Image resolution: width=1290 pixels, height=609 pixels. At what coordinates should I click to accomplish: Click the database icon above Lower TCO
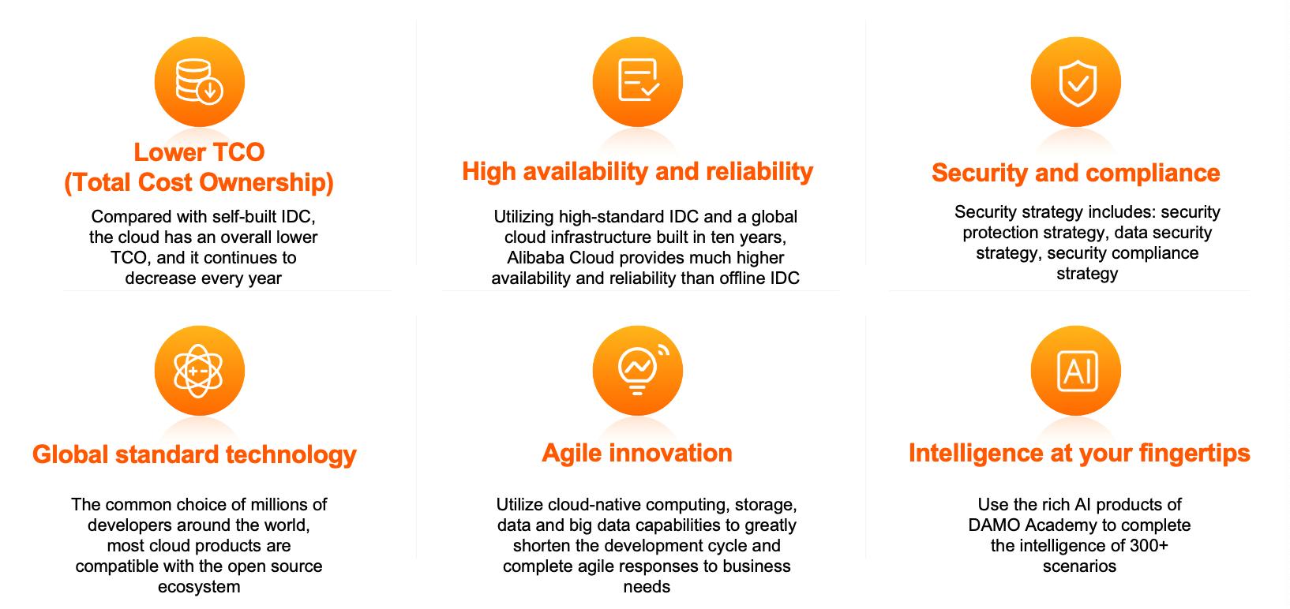pyautogui.click(x=199, y=82)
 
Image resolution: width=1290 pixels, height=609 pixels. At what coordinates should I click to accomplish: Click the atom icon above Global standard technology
pyautogui.click(x=199, y=371)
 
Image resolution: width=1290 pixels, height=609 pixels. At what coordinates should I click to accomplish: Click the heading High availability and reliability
pyautogui.click(x=638, y=171)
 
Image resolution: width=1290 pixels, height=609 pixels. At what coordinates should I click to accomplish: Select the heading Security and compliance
pyautogui.click(x=1076, y=174)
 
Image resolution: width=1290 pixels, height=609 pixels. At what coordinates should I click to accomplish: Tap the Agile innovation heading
pyautogui.click(x=637, y=453)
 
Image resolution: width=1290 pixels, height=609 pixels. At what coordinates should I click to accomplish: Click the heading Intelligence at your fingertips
pyautogui.click(x=1079, y=453)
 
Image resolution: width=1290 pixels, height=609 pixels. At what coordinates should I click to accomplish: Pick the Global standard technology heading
pyautogui.click(x=195, y=454)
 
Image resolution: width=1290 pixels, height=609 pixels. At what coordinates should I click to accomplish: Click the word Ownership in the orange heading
pyautogui.click(x=267, y=182)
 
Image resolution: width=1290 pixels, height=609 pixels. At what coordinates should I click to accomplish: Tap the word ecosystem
pyautogui.click(x=199, y=587)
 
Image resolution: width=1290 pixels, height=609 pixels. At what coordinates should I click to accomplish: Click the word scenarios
pyautogui.click(x=1079, y=566)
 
